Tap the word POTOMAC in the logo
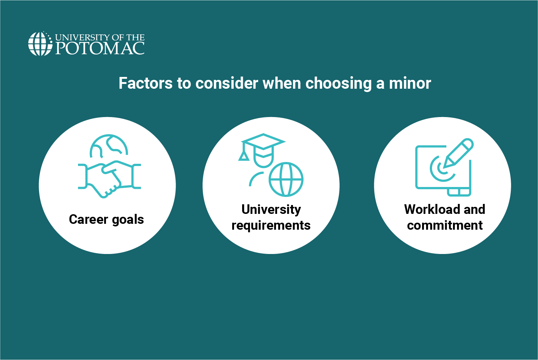[100, 48]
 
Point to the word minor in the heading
[410, 83]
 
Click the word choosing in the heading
[339, 84]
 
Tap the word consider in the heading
[227, 83]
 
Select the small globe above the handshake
[109, 146]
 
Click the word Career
[88, 219]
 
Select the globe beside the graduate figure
[286, 180]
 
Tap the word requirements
[271, 226]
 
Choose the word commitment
[445, 225]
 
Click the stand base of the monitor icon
[459, 192]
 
